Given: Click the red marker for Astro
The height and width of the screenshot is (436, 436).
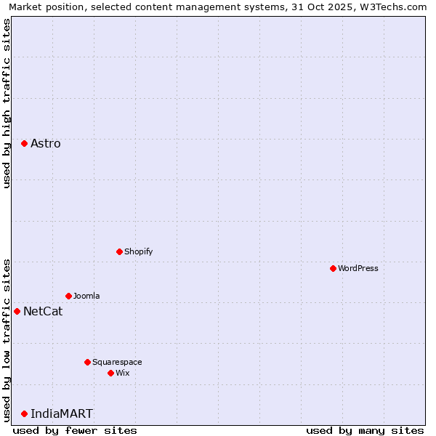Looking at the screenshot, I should tap(24, 144).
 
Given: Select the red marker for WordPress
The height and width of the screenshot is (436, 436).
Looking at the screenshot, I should tap(333, 268).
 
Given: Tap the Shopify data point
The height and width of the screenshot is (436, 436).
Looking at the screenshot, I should tap(119, 251).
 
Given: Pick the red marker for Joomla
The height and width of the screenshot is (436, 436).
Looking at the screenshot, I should tap(68, 296).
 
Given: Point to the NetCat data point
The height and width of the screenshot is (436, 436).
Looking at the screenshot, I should tap(17, 311).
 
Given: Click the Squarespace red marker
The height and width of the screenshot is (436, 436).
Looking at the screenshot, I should tap(87, 362).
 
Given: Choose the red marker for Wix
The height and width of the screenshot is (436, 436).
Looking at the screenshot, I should tap(110, 373).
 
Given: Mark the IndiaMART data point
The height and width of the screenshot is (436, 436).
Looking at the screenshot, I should tap(24, 413).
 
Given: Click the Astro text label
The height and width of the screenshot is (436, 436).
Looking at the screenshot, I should tap(46, 144).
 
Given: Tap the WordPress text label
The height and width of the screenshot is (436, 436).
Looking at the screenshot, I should tap(358, 268).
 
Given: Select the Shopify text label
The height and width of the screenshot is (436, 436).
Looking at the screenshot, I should tap(138, 251).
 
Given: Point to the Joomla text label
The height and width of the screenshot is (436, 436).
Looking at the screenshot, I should tap(86, 296).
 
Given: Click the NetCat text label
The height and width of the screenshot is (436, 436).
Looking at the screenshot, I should tap(43, 312).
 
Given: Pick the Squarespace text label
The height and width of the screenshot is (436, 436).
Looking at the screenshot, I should tap(117, 362).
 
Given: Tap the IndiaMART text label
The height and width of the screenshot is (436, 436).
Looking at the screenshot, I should tap(62, 413).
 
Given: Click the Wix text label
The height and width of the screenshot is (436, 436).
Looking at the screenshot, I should tap(123, 373).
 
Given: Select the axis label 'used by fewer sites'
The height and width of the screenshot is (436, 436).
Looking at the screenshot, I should tap(75, 430).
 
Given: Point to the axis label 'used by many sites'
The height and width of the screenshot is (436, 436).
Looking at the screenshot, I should tap(365, 430).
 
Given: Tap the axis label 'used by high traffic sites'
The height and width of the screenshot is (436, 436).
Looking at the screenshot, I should tap(7, 103).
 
